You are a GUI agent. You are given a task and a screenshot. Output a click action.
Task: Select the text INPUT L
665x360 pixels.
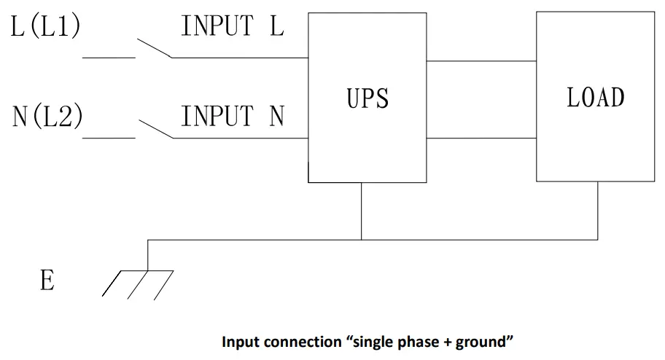click(x=233, y=28)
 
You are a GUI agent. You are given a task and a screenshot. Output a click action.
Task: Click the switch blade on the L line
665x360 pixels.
click(x=153, y=46)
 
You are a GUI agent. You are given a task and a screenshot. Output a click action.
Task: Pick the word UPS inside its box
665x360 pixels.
click(x=367, y=98)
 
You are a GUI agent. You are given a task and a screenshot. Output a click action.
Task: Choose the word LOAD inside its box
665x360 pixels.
click(x=596, y=98)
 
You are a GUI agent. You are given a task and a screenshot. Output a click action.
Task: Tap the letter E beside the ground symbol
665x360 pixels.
click(x=47, y=281)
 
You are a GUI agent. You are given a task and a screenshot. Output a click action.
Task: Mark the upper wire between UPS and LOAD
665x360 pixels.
click(x=481, y=61)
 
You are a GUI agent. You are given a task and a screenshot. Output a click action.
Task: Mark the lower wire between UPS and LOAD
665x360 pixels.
click(x=481, y=138)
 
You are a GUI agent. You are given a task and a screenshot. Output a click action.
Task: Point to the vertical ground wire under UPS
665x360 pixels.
click(x=362, y=211)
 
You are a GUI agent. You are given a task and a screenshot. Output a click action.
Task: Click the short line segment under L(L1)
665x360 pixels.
click(x=109, y=56)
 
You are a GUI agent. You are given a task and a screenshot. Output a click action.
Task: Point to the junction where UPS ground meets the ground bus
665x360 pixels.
click(x=362, y=239)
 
